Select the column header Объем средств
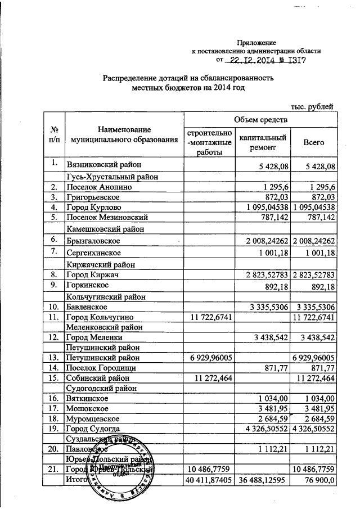click(x=261, y=119)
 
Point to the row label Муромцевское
click(x=93, y=418)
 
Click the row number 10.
click(x=55, y=308)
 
